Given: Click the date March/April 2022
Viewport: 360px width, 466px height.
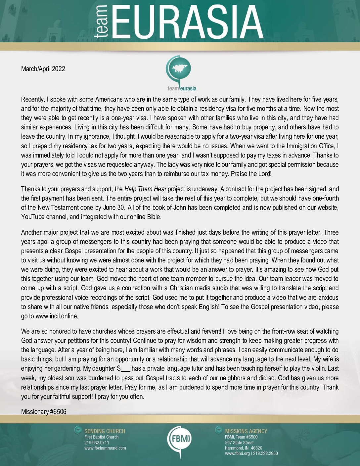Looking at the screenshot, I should [43, 69].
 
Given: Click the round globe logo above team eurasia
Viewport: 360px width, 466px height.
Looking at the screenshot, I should [181, 69].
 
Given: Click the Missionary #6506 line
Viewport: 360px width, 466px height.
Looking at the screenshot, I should [44, 412].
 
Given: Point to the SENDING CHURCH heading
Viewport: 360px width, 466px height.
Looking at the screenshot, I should [105, 431].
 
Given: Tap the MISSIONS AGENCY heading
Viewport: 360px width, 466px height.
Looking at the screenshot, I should [246, 431].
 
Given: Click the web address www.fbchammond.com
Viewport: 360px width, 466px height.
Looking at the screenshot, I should [105, 448].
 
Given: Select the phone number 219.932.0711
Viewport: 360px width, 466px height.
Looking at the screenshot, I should [97, 443].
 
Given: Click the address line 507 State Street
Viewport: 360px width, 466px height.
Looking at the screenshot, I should [239, 443].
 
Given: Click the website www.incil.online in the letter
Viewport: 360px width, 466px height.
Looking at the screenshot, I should [57, 316].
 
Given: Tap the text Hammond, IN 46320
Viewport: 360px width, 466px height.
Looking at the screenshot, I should [243, 448].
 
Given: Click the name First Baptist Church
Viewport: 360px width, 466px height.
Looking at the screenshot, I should [101, 437].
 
